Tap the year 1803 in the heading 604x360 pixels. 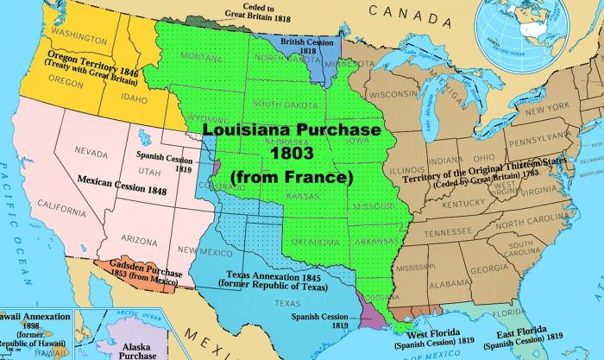pyautogui.click(x=293, y=153)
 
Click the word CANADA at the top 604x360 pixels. pyautogui.click(x=399, y=11)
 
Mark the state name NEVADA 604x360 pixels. pyautogui.click(x=91, y=151)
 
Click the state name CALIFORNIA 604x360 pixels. pyautogui.click(x=61, y=206)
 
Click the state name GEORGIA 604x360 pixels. pyautogui.click(x=489, y=268)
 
